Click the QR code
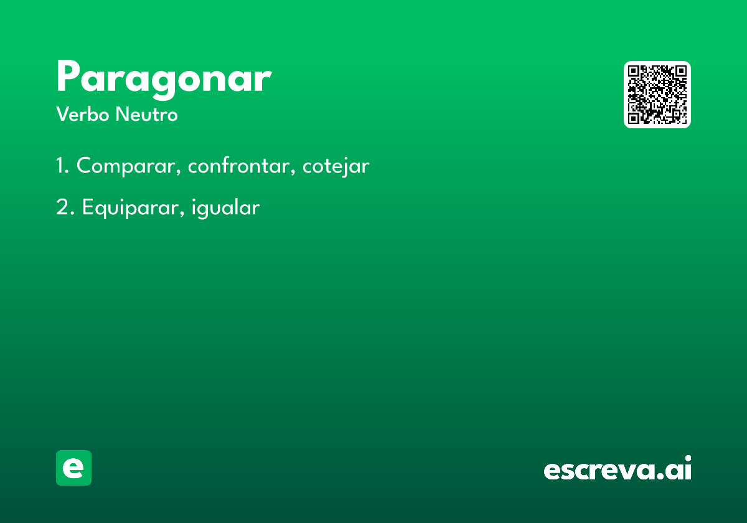click(657, 95)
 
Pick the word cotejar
click(336, 166)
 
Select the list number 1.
click(61, 166)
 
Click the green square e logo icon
click(73, 468)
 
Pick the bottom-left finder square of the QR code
click(635, 117)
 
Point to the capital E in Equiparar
click(87, 207)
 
